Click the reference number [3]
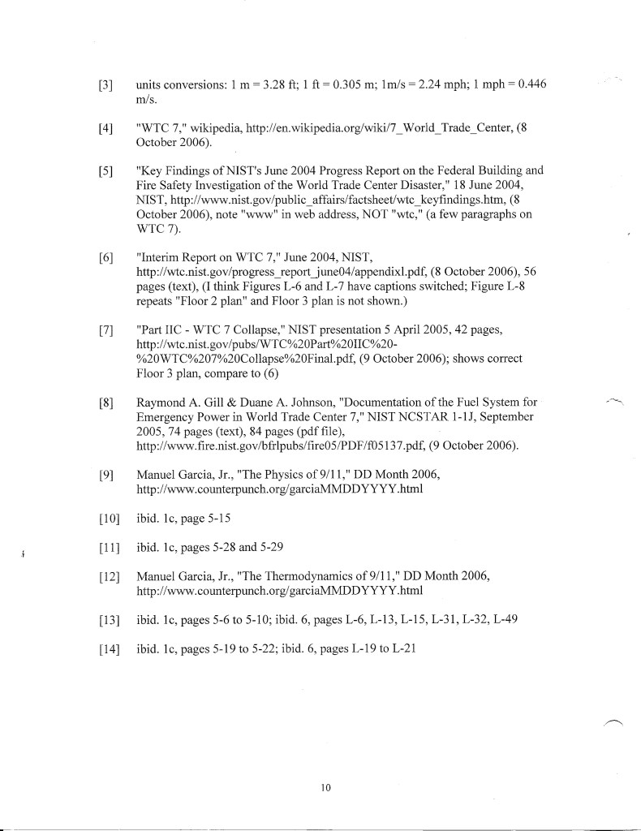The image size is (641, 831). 104,86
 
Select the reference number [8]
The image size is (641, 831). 104,402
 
